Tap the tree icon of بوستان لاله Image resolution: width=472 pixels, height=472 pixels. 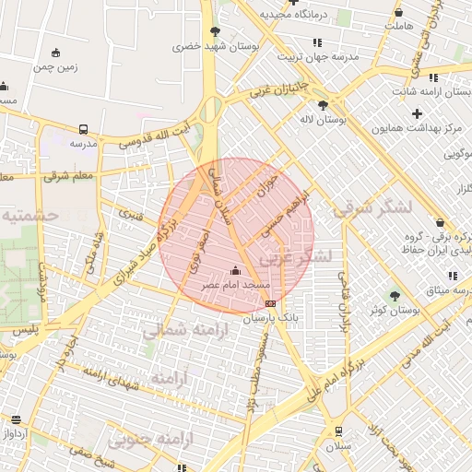(323, 105)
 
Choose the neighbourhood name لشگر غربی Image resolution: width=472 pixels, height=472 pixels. (294, 257)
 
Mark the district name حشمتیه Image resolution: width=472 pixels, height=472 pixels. (29, 215)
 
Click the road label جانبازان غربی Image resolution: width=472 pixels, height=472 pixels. (273, 93)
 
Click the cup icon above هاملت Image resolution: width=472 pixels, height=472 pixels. (398, 12)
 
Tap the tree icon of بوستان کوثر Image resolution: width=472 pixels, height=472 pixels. (395, 296)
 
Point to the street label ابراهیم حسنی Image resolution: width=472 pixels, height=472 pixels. (293, 214)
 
